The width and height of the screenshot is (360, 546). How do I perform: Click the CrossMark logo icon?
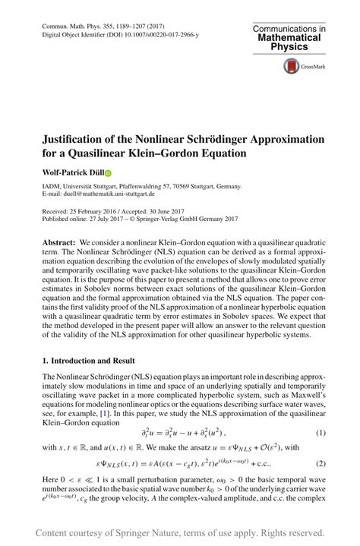(x=292, y=66)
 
